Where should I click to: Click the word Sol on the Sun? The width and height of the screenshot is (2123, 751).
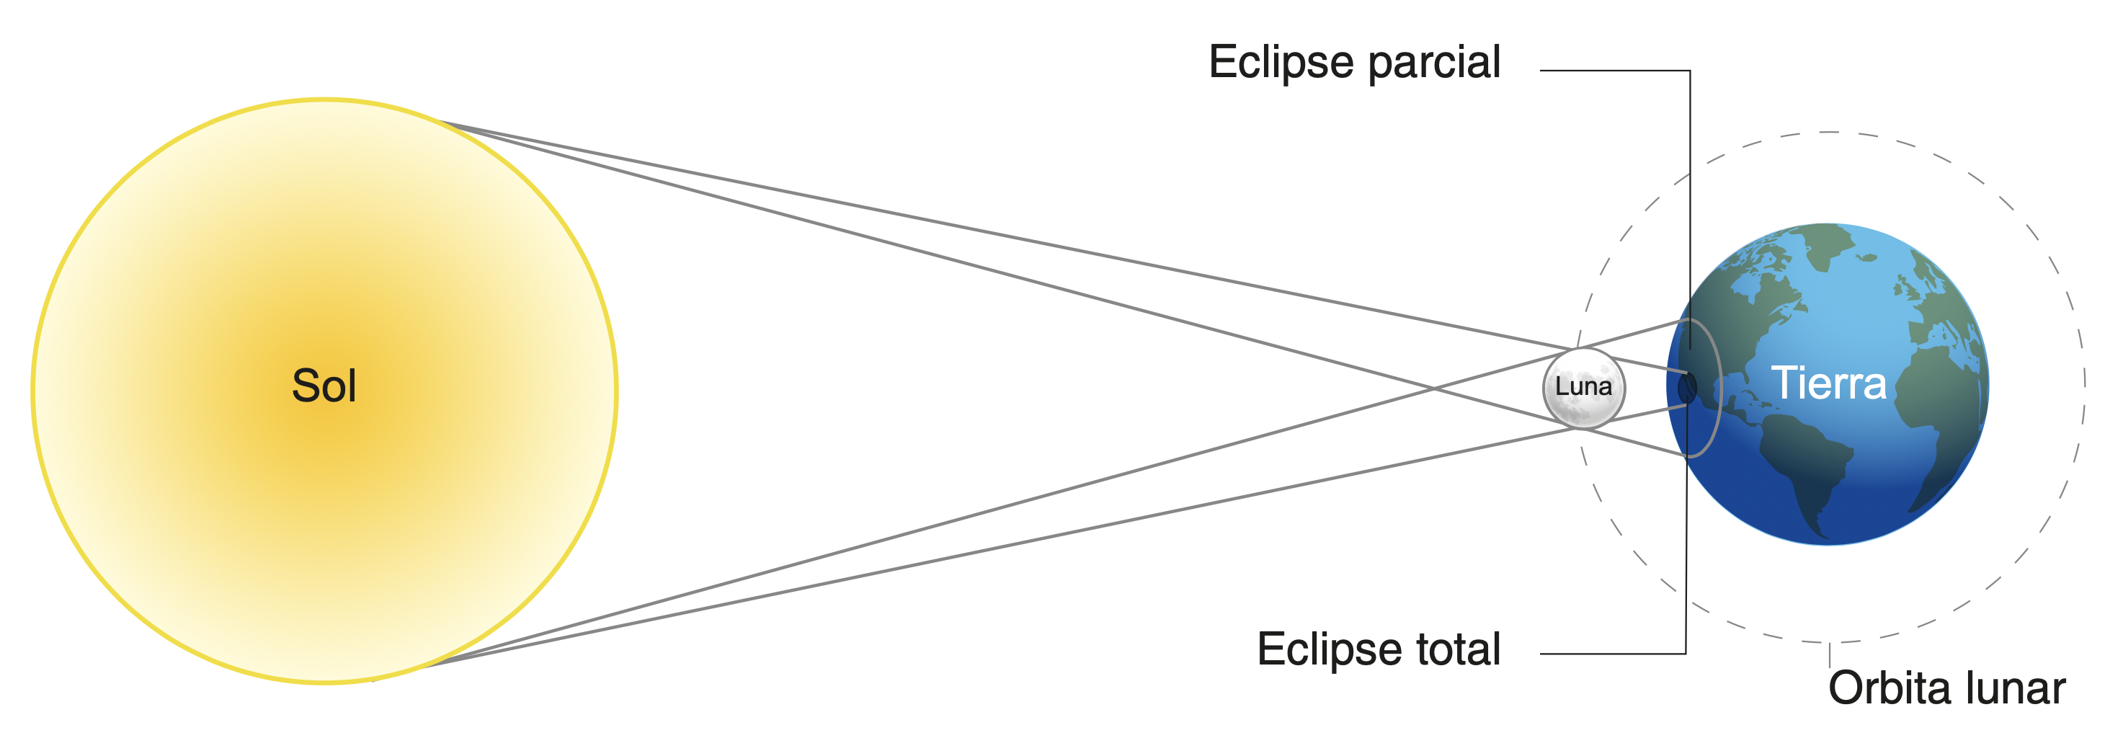(x=324, y=386)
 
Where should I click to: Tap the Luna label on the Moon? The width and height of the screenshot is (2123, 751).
(x=1583, y=386)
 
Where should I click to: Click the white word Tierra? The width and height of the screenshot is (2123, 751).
(x=1829, y=383)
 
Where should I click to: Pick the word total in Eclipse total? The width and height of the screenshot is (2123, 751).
(x=1458, y=649)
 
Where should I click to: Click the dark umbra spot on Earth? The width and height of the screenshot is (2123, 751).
(x=1687, y=388)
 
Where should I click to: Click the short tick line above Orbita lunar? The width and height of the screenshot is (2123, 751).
(x=1830, y=654)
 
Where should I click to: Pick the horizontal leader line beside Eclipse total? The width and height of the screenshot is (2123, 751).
(x=1613, y=654)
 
